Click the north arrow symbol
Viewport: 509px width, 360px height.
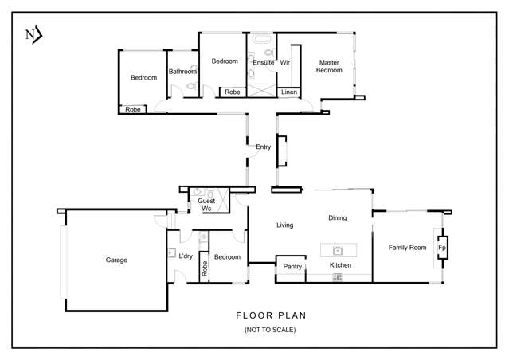(34, 35)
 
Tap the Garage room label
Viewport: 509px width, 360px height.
(116, 260)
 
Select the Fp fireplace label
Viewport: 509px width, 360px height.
(442, 248)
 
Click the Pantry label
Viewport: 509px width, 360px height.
(292, 267)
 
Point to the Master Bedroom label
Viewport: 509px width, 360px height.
(329, 66)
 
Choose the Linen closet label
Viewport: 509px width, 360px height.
(289, 92)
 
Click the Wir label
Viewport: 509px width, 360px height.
(284, 62)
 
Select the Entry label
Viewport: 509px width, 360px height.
(263, 147)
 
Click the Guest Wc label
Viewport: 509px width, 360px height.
(206, 205)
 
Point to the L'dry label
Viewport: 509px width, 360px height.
(186, 256)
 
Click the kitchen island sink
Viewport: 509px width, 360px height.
(338, 251)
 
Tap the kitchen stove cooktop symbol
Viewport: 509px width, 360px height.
(338, 277)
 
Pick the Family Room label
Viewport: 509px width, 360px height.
(407, 248)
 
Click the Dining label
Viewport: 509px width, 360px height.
(337, 217)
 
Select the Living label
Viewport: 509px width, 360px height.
(284, 225)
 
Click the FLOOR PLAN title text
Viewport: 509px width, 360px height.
(271, 315)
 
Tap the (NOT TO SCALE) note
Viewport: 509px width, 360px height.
(270, 330)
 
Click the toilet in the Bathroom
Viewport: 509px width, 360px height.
(191, 86)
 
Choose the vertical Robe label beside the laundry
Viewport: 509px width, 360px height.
(205, 268)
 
